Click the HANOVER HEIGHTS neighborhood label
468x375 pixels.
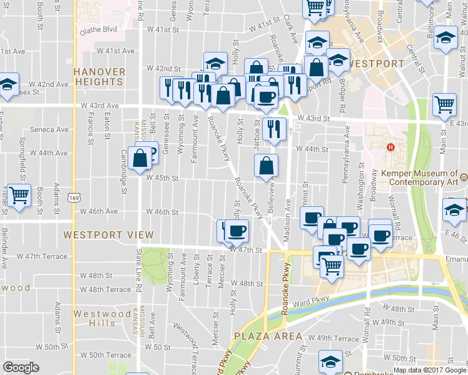98,77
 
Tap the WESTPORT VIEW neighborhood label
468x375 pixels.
108,235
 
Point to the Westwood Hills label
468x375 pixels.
94,318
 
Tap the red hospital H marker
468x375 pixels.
390,147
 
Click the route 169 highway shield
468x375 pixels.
74,187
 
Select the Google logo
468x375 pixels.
21,367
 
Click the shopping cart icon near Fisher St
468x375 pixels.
19,195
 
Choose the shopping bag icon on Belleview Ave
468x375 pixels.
267,166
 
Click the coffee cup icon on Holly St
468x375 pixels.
237,231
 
